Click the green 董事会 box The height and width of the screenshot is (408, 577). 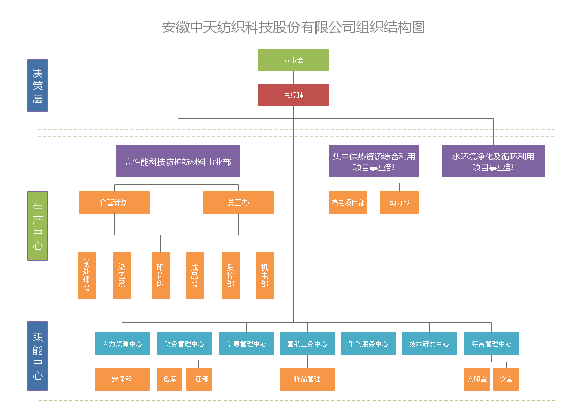click(293, 60)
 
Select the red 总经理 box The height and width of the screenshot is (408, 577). click(293, 95)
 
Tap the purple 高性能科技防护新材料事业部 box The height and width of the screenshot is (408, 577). click(178, 162)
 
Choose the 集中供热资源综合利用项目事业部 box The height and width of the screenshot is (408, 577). click(374, 161)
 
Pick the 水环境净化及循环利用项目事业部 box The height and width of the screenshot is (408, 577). click(493, 161)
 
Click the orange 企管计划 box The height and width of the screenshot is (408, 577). click(114, 202)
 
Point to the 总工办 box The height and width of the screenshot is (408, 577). click(238, 202)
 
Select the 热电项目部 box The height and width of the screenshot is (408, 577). click(348, 202)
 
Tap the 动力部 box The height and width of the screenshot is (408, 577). click(399, 202)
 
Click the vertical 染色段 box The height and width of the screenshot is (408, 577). click(122, 275)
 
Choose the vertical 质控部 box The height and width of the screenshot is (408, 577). click(231, 275)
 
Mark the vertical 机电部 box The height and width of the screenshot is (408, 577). click(265, 275)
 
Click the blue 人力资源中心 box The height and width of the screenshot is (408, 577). click(122, 344)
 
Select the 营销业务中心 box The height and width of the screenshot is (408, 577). click(307, 344)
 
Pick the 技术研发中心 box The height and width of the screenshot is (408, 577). click(429, 344)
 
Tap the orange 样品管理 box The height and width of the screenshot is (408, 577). click(307, 379)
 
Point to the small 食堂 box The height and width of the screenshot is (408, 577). click(506, 379)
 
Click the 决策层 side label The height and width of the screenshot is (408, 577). click(38, 85)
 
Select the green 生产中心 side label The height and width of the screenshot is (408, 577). click(38, 226)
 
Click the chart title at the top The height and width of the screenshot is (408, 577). click(293, 27)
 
